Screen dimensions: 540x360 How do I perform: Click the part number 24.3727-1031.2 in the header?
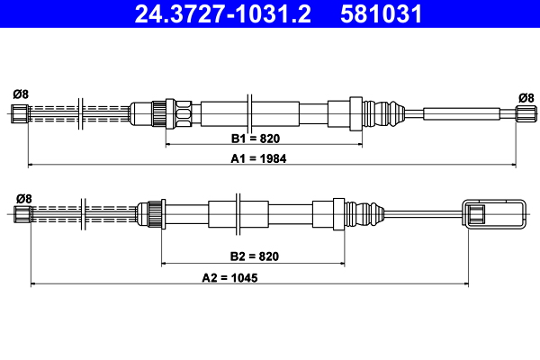[223, 13]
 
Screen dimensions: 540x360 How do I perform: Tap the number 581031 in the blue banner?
[381, 13]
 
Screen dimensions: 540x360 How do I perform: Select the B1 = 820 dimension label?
[256, 139]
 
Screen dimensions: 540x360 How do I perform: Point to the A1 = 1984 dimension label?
[258, 158]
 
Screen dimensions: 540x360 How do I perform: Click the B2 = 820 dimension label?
[254, 256]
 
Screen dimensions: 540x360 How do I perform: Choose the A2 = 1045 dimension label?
[229, 278]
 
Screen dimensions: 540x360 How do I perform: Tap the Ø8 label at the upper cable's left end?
[21, 94]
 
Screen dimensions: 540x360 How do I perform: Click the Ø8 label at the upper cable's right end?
[526, 98]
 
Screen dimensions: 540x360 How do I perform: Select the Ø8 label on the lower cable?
[24, 199]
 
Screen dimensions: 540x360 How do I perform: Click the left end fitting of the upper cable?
[20, 113]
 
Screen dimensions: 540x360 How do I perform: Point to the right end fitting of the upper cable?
[526, 113]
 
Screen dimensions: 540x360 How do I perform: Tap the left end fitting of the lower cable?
[22, 214]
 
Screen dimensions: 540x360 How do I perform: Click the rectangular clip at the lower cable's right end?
[494, 213]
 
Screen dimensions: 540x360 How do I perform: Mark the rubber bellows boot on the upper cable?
[383, 113]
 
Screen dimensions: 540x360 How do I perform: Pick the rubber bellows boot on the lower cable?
[364, 214]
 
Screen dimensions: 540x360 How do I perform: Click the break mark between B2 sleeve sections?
[238, 214]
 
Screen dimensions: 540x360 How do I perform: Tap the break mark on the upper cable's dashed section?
[81, 113]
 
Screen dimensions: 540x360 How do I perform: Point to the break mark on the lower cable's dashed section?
[83, 214]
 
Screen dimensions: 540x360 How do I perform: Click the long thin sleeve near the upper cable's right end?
[462, 113]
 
